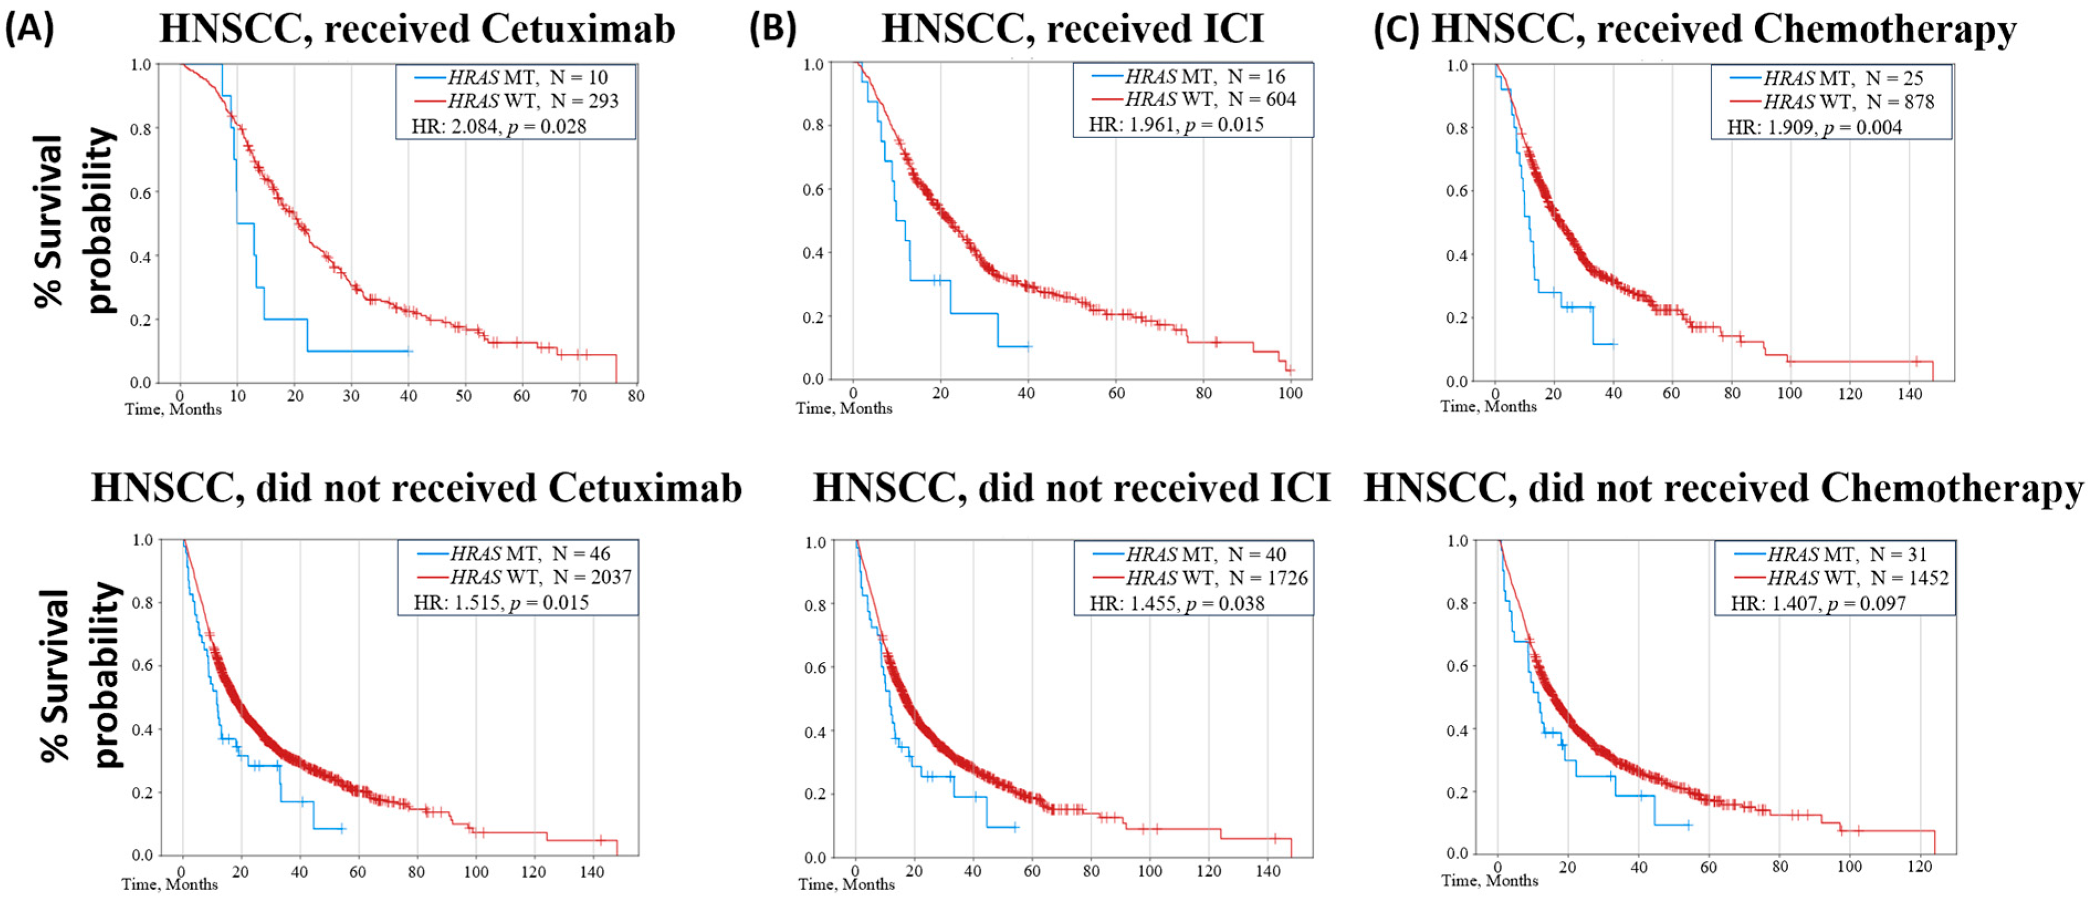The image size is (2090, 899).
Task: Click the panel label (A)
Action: tap(29, 29)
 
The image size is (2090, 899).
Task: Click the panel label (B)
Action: tap(773, 29)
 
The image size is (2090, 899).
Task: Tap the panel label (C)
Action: tap(1396, 29)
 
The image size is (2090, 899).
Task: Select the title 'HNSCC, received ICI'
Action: tap(1073, 29)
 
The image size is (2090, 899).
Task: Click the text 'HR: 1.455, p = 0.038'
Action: tap(1177, 603)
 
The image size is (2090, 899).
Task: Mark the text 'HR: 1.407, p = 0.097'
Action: tap(1818, 603)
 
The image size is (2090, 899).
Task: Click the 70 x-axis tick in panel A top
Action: tap(579, 396)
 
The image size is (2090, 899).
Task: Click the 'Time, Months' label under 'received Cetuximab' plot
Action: tap(173, 409)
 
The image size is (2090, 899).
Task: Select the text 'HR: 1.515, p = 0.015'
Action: tap(501, 602)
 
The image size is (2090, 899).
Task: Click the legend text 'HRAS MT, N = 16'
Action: tap(1205, 76)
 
